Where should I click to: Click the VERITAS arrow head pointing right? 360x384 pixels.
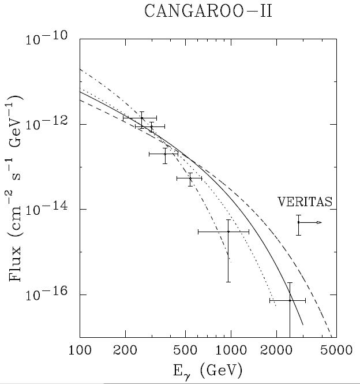coord(319,222)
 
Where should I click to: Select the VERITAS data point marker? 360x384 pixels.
coord(298,222)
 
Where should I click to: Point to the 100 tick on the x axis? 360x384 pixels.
coord(80,350)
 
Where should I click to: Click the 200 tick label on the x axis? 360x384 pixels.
coord(125,350)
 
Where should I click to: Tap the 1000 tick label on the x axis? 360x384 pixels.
coord(231,350)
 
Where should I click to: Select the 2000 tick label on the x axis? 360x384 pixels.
coord(277,350)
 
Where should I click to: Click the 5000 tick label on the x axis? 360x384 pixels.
coord(337,350)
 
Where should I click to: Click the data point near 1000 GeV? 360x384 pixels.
coord(228,232)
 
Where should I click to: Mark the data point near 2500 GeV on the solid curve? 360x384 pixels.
coord(290,300)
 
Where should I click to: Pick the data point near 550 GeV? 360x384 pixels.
coord(190,179)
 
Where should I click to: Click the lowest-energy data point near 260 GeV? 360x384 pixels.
coord(142,118)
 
